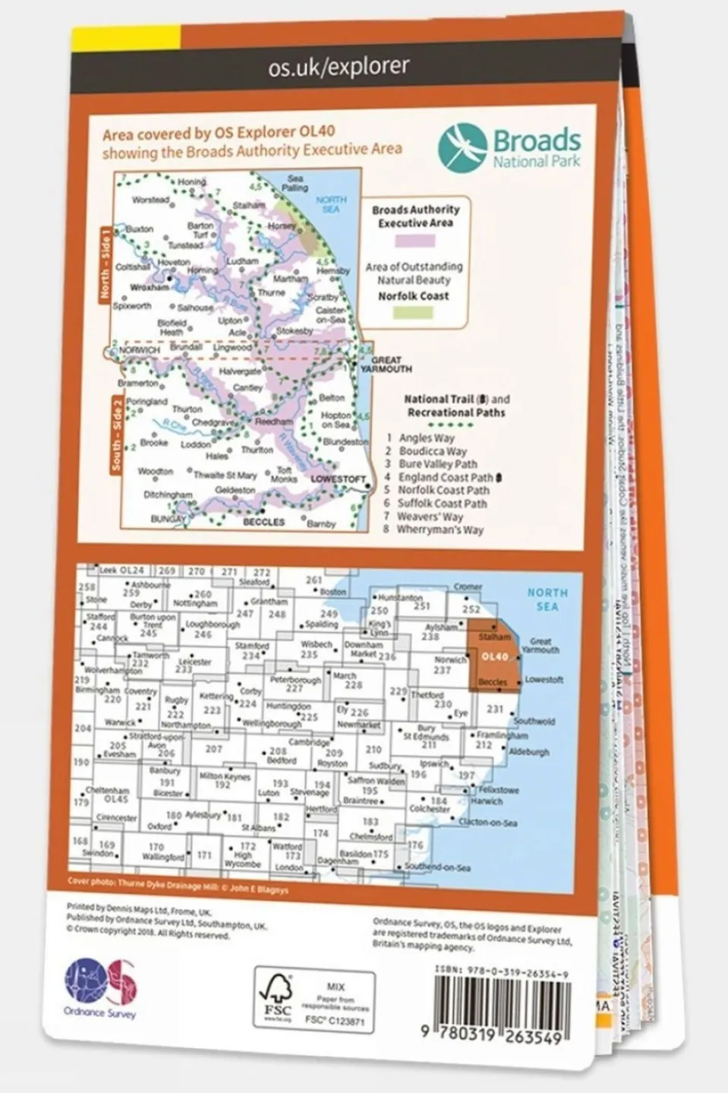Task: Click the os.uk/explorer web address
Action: (339, 67)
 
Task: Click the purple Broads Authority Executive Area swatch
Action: (414, 241)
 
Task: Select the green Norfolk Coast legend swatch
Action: (414, 311)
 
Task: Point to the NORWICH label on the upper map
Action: (139, 350)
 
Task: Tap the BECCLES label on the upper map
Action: (263, 523)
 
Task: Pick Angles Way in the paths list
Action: (427, 438)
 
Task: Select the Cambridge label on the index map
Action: (309, 742)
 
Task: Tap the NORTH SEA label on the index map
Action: (547, 599)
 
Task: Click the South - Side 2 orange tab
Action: (116, 434)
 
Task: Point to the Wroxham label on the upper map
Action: (149, 288)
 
